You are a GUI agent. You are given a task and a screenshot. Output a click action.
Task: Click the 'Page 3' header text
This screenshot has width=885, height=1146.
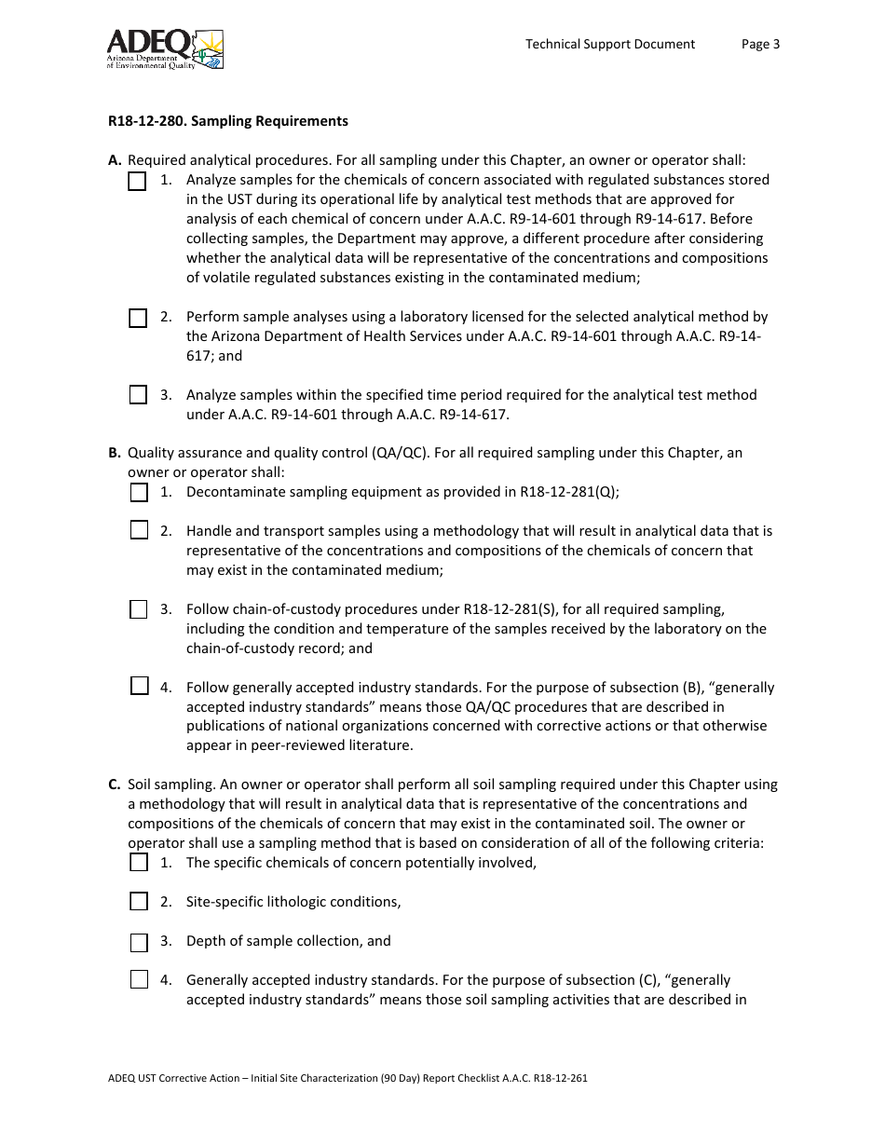[760, 44]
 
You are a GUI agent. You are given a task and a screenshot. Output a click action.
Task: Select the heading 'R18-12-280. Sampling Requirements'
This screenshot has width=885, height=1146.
[228, 121]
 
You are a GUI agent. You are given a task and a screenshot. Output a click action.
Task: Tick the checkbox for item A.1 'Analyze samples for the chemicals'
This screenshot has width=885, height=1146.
[138, 182]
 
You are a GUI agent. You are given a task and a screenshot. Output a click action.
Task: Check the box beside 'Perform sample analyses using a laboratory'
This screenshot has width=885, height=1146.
[138, 319]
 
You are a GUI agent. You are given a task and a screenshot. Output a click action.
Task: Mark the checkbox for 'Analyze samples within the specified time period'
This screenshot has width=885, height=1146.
[138, 395]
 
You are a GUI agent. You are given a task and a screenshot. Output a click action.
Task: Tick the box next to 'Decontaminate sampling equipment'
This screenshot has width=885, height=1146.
[139, 492]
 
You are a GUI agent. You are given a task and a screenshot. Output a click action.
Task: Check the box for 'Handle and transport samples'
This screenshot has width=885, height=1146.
[139, 531]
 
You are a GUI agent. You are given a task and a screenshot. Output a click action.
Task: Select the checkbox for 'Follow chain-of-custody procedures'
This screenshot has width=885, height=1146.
[139, 609]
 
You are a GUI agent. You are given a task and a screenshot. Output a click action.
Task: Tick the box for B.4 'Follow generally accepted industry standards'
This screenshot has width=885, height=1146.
[139, 687]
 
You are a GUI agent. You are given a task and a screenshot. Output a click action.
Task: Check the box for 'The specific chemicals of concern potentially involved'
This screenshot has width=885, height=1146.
[139, 863]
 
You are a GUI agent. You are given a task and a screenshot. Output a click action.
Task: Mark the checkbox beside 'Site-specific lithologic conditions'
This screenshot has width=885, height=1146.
[139, 901]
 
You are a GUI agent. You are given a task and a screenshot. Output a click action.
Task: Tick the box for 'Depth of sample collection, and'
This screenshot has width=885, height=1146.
[139, 942]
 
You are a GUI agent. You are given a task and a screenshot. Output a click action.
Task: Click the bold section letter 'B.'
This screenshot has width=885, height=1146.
[115, 453]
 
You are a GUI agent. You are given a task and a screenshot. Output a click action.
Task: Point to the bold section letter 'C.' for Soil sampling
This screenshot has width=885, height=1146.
[115, 784]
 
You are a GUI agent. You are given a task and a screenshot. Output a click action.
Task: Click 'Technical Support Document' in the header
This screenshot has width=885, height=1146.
[610, 44]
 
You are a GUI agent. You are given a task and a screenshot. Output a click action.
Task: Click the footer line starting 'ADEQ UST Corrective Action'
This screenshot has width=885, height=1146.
[347, 1079]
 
